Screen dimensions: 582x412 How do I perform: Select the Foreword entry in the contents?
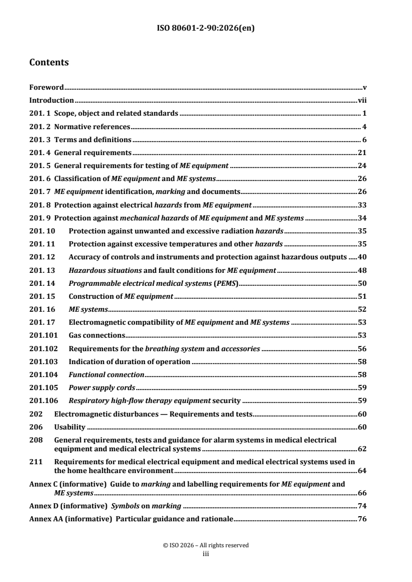(x=46, y=88)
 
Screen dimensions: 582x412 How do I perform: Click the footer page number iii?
(x=205, y=553)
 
